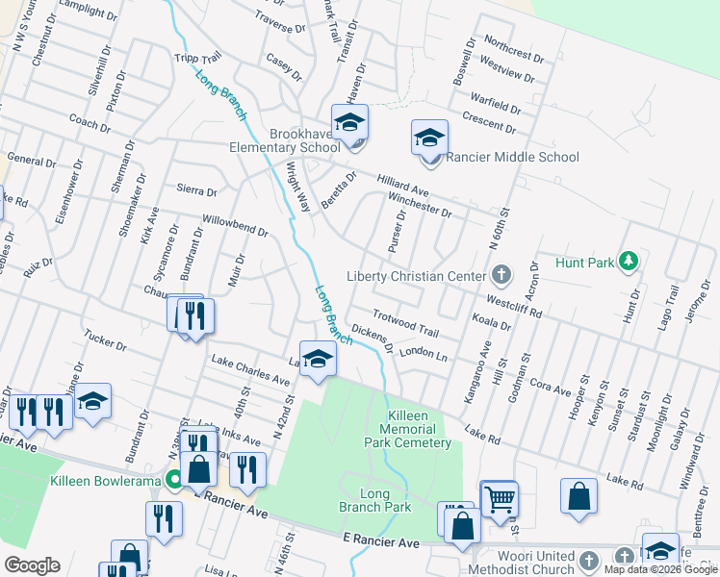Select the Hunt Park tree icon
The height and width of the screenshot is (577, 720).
pos(629,260)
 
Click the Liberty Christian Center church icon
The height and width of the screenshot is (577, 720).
pos(501,276)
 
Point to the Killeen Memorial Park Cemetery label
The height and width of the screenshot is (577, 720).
pos(407,429)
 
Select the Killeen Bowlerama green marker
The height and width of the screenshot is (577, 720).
pos(173,480)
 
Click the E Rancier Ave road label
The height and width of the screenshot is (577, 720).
pos(381,543)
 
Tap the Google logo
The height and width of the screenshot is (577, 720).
pos(32,565)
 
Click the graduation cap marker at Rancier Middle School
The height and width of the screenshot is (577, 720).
pos(429,138)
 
